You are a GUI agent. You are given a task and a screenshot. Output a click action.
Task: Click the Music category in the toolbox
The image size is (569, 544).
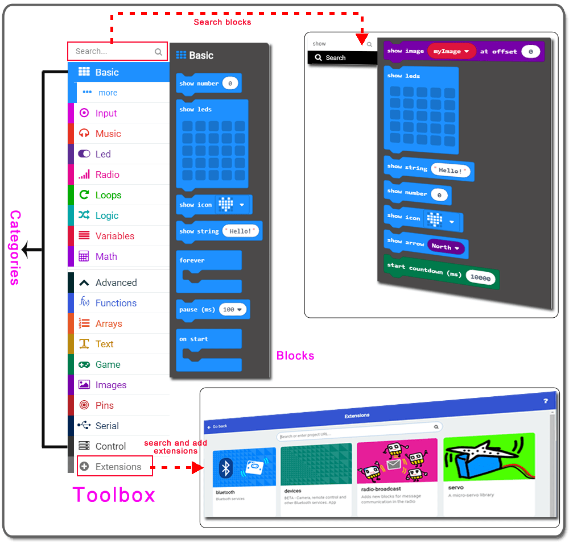click(x=108, y=134)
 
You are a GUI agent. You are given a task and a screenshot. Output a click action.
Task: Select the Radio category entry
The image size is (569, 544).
click(x=107, y=175)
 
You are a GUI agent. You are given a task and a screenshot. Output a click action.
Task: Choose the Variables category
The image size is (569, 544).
click(x=114, y=236)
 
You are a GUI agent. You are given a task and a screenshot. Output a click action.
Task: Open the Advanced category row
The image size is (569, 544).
click(x=116, y=283)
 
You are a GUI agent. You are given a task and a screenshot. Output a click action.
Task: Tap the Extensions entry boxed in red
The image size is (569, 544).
click(x=118, y=467)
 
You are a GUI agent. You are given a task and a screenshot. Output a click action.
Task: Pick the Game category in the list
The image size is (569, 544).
click(x=108, y=364)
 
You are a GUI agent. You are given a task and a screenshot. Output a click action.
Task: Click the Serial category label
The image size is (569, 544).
click(x=107, y=426)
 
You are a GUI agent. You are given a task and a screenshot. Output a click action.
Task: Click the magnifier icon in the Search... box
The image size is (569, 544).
click(x=158, y=52)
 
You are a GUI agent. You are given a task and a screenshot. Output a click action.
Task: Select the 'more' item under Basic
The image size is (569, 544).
click(x=108, y=93)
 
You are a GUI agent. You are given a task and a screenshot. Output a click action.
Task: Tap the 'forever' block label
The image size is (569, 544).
click(x=192, y=260)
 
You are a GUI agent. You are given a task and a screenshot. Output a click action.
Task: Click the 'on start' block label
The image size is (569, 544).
click(x=193, y=339)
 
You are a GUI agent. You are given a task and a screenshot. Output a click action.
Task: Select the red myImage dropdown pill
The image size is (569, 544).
click(x=451, y=52)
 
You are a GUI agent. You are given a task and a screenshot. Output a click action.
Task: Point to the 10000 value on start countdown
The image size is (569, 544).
click(x=481, y=278)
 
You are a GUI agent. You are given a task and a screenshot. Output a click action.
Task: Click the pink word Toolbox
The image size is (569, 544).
click(x=114, y=495)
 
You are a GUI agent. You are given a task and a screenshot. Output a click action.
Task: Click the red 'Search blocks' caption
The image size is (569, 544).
click(x=222, y=22)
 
